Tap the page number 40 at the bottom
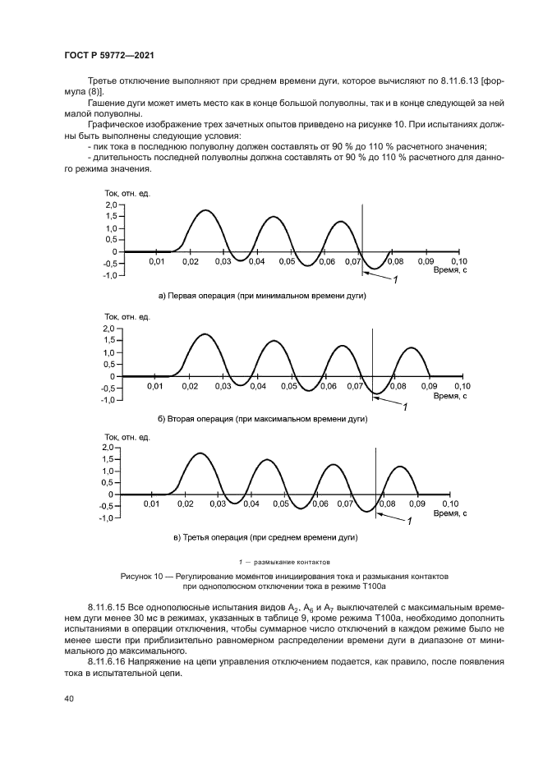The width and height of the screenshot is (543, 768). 68,698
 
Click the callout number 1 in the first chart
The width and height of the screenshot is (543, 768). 395,281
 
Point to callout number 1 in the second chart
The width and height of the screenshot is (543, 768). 403,406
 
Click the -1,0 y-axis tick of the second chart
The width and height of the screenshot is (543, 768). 108,400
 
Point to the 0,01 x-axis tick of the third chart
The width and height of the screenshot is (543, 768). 151,504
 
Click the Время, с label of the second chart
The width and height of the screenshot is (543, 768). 450,396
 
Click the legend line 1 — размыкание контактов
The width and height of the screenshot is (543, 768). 283,563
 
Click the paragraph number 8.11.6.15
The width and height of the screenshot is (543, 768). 110,608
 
